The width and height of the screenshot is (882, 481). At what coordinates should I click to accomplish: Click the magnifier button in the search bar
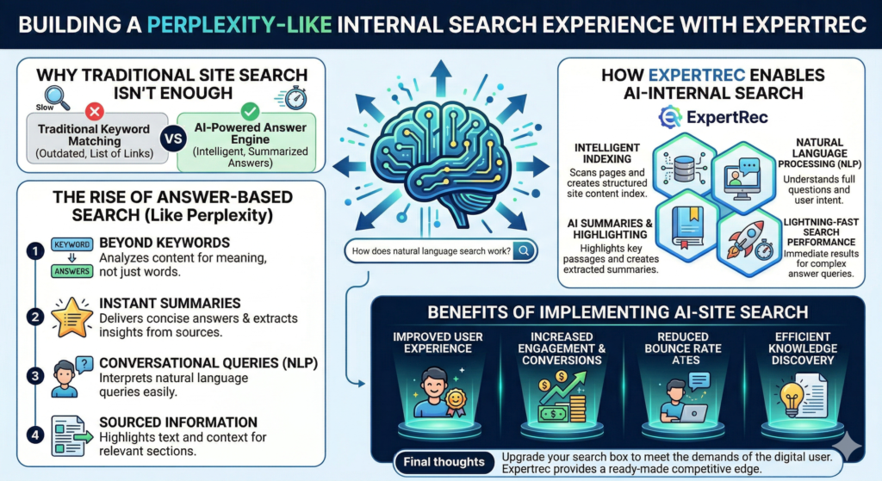coord(524,250)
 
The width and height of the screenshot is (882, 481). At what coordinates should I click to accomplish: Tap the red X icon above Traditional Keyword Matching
coord(95,111)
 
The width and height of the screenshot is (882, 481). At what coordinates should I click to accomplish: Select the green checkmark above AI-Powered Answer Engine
coord(250,111)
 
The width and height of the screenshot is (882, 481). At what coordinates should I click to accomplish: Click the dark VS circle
coord(173,139)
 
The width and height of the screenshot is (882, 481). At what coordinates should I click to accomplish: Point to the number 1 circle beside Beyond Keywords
coord(35,250)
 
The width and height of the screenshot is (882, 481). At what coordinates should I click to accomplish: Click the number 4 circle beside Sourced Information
coord(35,435)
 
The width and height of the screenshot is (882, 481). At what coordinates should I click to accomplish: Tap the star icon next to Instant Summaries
coord(72,318)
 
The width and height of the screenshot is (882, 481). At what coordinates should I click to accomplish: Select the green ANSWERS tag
coord(72,271)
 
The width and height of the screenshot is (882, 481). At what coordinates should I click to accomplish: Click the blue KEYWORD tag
coord(72,244)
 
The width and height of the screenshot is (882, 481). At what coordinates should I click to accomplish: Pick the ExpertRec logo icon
coord(670,117)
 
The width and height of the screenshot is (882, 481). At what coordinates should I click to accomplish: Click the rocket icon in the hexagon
coord(747,241)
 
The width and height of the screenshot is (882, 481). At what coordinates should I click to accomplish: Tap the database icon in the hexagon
coord(684,168)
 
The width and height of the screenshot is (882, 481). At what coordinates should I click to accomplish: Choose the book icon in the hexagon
coord(687,226)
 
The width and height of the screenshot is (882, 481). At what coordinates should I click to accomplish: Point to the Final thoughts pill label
coord(444,462)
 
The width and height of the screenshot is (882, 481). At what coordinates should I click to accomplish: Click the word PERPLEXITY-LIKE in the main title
coord(239,25)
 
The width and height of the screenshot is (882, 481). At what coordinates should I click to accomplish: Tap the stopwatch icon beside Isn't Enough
coord(295,98)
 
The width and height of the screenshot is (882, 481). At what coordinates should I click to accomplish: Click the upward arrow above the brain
coord(441,77)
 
